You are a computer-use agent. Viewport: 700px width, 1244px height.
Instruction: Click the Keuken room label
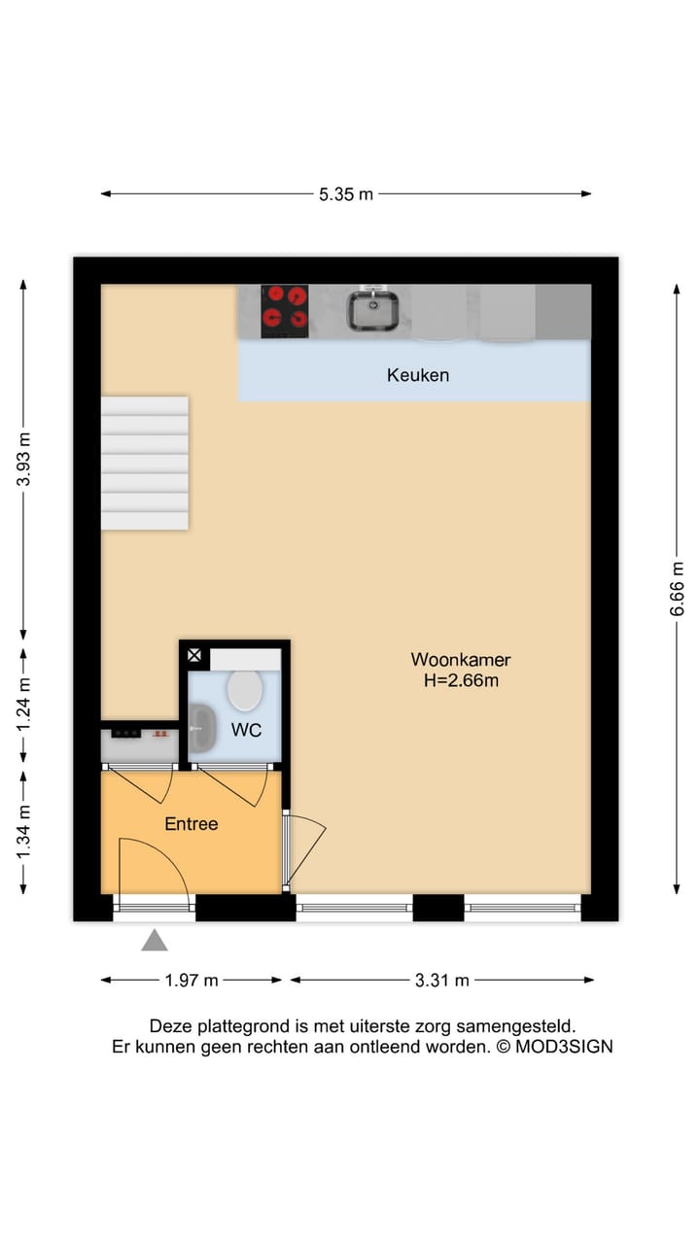point(417,374)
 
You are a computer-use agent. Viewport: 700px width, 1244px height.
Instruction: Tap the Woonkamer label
point(460,660)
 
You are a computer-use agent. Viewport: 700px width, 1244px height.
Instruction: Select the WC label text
point(246,731)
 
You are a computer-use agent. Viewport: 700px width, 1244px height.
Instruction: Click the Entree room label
point(191,824)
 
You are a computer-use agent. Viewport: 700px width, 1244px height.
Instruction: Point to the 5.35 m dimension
point(346,193)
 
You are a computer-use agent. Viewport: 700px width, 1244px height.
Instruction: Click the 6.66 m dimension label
point(678,589)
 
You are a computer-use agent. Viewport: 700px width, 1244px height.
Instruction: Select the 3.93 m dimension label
point(23,463)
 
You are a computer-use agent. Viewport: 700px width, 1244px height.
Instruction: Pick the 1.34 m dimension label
point(23,833)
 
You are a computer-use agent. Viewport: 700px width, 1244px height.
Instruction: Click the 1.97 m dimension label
point(192,980)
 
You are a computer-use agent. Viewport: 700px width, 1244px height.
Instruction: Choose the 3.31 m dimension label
point(441,980)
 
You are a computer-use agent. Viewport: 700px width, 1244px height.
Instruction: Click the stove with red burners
point(285,310)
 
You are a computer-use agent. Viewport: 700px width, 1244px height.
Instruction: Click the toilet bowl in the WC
point(244,690)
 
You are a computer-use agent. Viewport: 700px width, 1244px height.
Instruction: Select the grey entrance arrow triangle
point(155,940)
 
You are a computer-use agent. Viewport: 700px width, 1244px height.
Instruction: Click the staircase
point(145,463)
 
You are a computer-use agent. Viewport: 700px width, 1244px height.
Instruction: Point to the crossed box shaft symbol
point(194,656)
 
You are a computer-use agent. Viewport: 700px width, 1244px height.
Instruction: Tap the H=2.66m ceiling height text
point(460,680)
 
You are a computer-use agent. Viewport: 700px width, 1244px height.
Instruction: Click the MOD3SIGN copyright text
point(554,1047)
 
